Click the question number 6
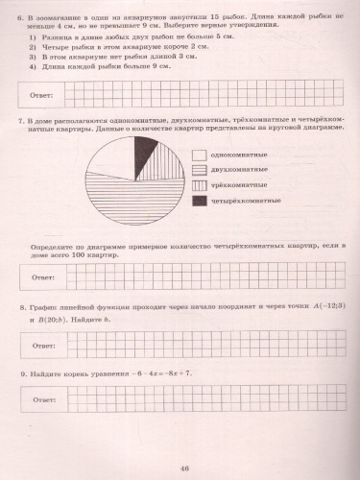pos(22,18)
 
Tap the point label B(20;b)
pos(48,320)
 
